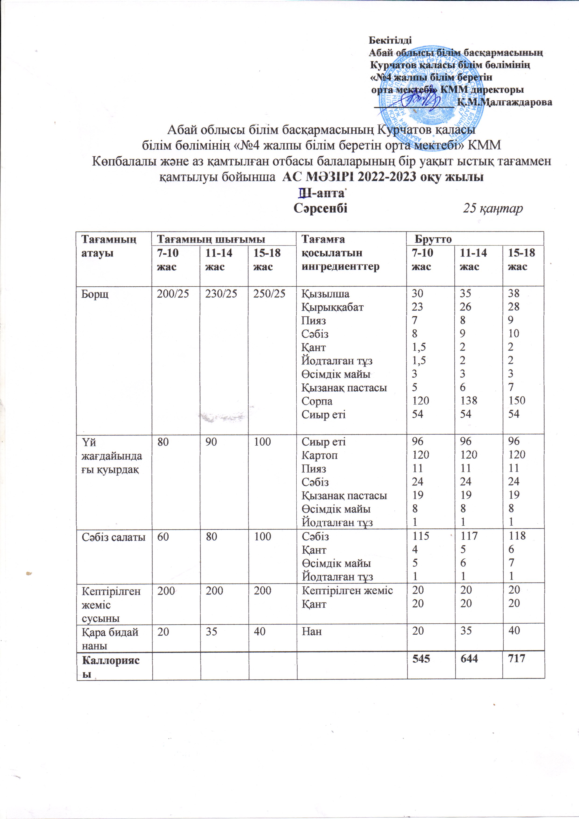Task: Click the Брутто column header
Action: click(433, 239)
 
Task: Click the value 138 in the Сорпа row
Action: click(468, 401)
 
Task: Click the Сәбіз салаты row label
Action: click(113, 537)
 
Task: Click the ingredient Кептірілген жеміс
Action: click(347, 590)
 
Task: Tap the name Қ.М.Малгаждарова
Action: click(505, 102)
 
